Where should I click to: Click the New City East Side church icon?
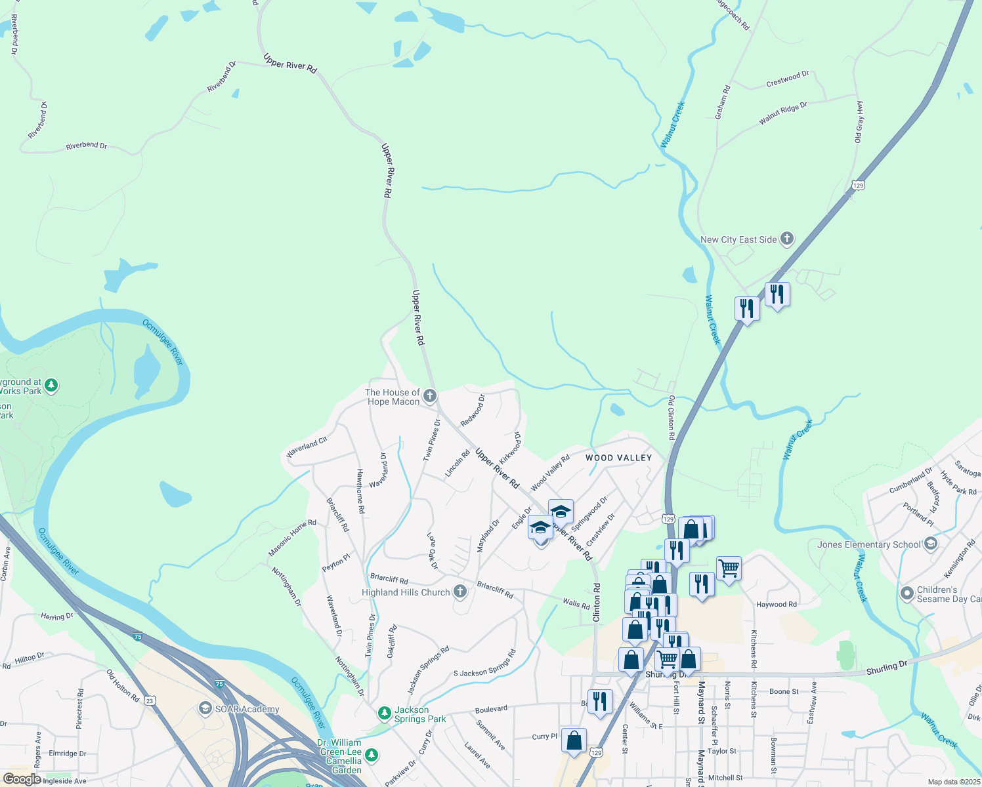click(787, 239)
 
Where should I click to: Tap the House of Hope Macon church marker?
click(430, 395)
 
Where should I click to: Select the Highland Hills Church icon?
click(460, 592)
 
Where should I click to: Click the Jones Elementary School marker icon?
click(930, 544)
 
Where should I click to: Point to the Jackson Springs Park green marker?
click(385, 712)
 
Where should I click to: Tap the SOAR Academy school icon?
click(205, 709)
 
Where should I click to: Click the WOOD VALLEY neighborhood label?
click(618, 458)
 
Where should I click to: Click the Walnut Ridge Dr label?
click(782, 113)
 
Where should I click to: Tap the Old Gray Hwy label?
click(859, 121)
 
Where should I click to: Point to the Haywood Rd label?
click(777, 605)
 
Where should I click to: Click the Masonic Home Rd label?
click(292, 538)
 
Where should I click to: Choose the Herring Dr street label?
click(56, 616)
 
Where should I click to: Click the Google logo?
click(22, 779)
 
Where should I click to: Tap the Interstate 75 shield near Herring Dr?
click(137, 637)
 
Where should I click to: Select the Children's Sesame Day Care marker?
click(907, 594)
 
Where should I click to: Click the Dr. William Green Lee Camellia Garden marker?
click(372, 755)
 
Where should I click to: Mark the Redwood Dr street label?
click(473, 411)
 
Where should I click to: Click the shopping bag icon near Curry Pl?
click(574, 740)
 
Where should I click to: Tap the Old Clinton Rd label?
click(671, 418)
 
